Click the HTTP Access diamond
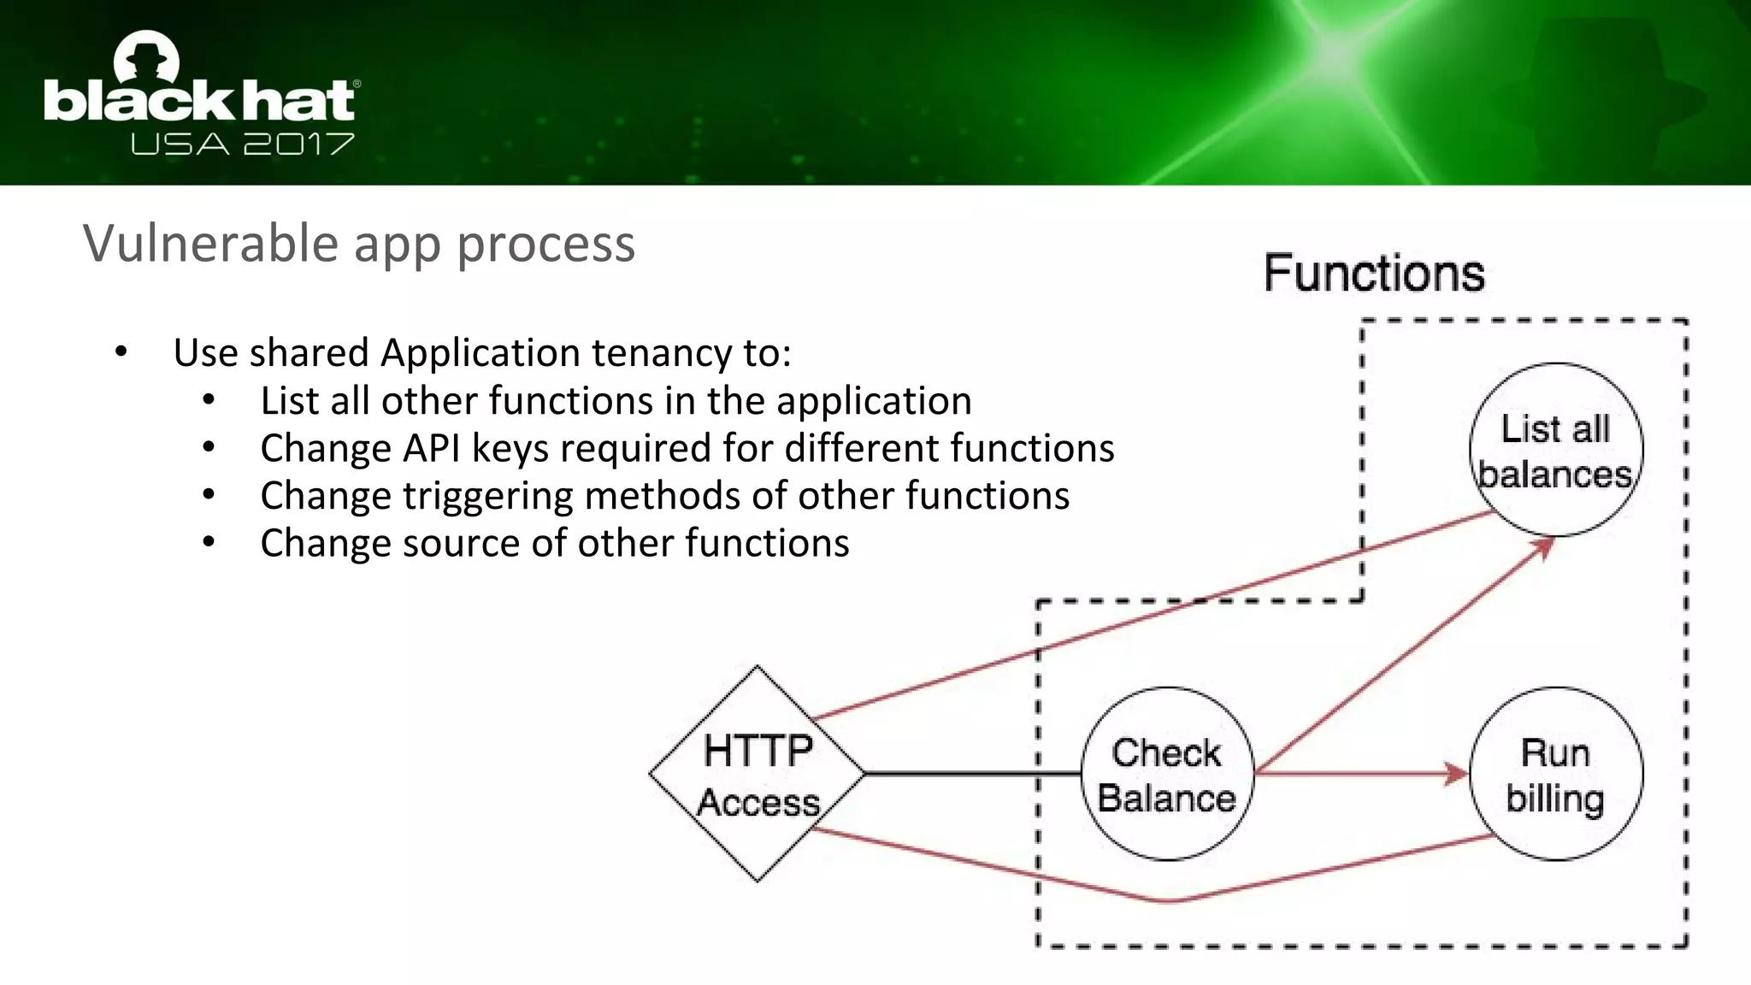pos(757,774)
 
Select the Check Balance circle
pos(1167,774)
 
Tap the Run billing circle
pos(1555,774)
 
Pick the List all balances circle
pos(1555,450)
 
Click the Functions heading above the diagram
pos(1373,274)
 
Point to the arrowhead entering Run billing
pos(1456,774)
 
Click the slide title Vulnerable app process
pos(359,244)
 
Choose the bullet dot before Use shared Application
pos(121,352)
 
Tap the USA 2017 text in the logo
pos(242,144)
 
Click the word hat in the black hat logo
pos(298,101)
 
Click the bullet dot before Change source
pos(209,543)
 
